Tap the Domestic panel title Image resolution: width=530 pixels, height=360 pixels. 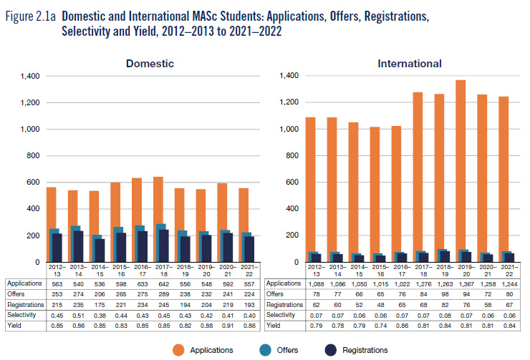pyautogui.click(x=150, y=64)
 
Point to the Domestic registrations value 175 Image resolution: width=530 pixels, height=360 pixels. pyautogui.click(x=97, y=303)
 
